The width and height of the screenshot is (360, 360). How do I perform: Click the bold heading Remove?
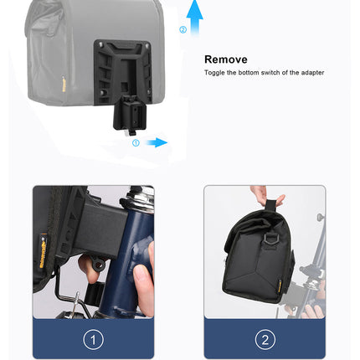[x=226, y=59]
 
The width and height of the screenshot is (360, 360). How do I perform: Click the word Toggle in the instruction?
[x=213, y=73]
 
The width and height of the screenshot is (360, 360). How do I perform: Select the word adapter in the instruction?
[x=312, y=73]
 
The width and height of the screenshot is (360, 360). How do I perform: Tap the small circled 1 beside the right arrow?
[x=136, y=142]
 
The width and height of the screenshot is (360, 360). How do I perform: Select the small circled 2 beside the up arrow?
[x=183, y=29]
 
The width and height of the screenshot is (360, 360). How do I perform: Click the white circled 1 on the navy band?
[x=94, y=339]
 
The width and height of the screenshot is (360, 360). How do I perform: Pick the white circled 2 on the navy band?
[x=265, y=339]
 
